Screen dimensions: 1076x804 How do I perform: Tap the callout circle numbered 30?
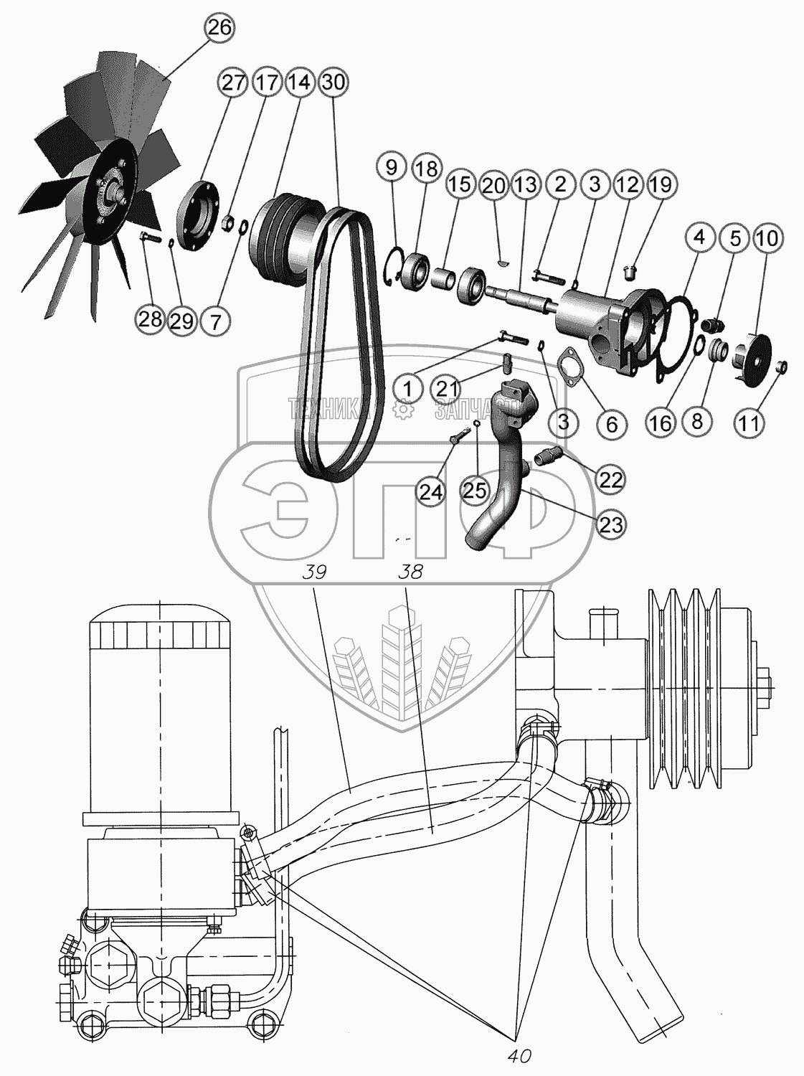[x=333, y=82]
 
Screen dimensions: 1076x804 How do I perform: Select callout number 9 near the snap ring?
[x=391, y=169]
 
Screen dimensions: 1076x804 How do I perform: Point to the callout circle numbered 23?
[x=611, y=524]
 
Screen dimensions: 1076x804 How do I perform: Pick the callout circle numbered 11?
[x=749, y=422]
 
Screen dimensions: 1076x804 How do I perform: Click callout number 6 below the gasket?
[x=611, y=423]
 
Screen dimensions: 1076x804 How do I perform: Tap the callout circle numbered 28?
[x=151, y=319]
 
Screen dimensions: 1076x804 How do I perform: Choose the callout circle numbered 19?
[x=661, y=184]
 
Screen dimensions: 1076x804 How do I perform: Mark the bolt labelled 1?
[x=509, y=336]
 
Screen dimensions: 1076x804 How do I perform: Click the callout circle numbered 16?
[x=661, y=422]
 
